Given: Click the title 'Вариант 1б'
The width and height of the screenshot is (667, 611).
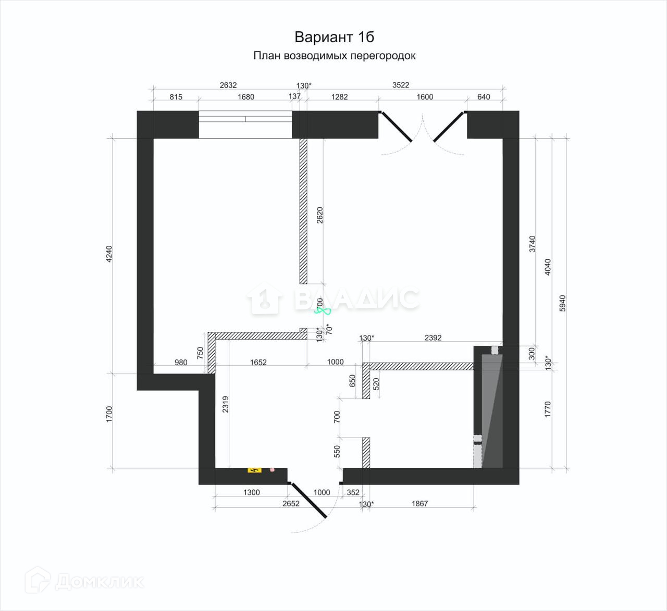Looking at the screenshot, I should tap(334, 37).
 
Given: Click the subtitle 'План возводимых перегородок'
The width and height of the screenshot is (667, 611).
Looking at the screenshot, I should tap(334, 56).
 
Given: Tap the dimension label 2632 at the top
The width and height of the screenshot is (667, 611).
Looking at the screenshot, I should tap(228, 85).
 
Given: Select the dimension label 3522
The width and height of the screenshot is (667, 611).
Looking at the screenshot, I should tap(400, 85).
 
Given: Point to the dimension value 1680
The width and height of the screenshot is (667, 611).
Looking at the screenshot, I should tap(245, 97).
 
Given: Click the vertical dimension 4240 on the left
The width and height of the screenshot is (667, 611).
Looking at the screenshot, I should tap(109, 254).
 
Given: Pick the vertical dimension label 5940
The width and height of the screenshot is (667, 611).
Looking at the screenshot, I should tap(562, 303).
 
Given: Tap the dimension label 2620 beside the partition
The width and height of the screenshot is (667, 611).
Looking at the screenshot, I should tap(320, 215).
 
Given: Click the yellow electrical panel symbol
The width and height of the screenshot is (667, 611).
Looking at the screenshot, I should tap(254, 470).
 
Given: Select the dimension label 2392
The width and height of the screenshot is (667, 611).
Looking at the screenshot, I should tap(433, 338).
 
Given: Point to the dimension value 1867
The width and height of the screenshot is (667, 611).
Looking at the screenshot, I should tap(419, 504).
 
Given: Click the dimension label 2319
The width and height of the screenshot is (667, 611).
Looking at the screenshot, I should tap(225, 404).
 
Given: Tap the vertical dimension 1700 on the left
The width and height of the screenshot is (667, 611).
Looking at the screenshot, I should tap(109, 414).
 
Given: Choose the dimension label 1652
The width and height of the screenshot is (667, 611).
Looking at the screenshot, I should tap(258, 362).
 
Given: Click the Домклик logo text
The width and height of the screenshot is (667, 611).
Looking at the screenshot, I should tap(99, 581).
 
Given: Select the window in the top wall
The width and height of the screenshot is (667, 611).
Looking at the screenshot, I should tap(245, 124).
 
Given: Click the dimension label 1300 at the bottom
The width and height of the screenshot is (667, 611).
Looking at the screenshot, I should tap(251, 492).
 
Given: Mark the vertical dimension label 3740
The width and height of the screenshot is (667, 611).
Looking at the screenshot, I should tap(532, 244).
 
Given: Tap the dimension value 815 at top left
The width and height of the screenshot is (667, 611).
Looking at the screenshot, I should tap(176, 97).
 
